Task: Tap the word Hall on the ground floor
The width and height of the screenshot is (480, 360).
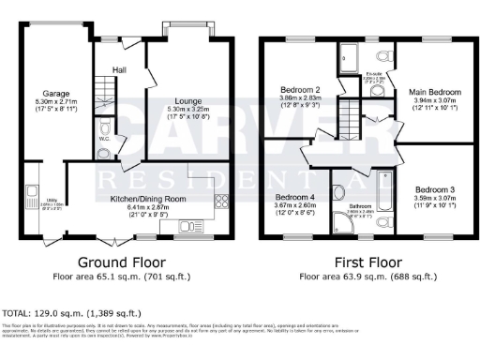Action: tap(120, 69)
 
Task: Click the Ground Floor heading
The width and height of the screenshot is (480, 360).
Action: tap(121, 262)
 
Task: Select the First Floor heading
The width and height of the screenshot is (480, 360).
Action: tap(362, 262)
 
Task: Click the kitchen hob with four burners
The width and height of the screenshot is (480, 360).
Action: tap(222, 200)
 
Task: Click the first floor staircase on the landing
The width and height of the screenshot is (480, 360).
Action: tap(349, 120)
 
